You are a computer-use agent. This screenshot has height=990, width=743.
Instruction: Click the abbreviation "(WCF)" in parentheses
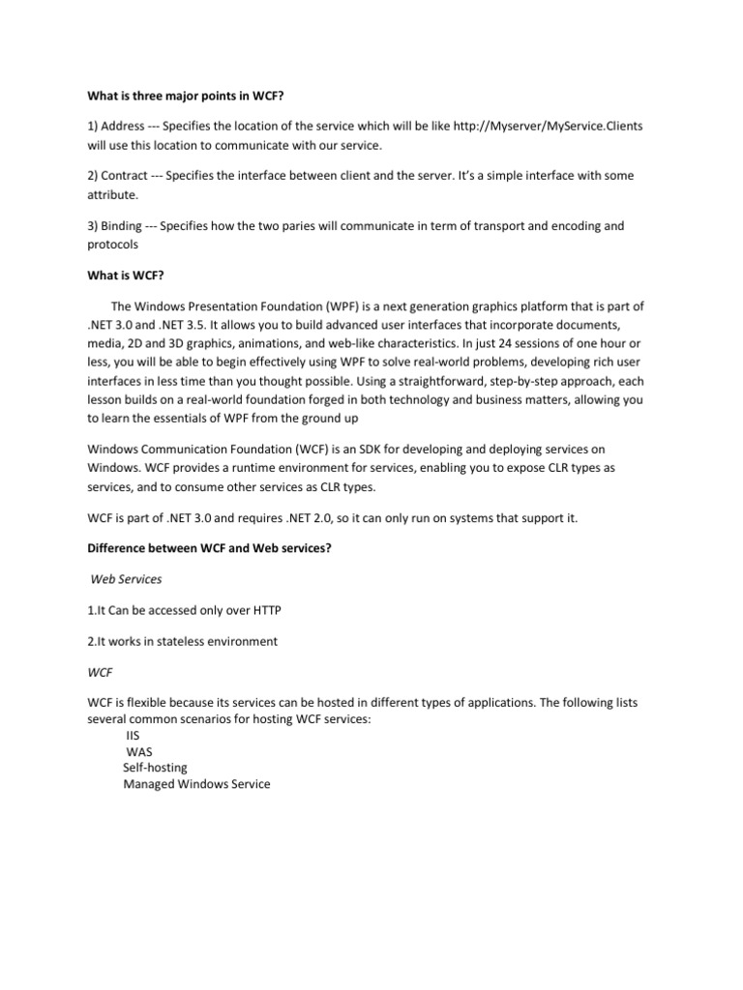(325, 450)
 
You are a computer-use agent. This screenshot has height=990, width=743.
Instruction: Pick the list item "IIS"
(134, 735)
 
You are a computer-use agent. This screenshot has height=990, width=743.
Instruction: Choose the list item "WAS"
(139, 751)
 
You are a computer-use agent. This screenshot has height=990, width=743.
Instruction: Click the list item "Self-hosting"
(155, 768)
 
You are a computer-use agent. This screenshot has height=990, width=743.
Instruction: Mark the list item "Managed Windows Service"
(196, 784)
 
